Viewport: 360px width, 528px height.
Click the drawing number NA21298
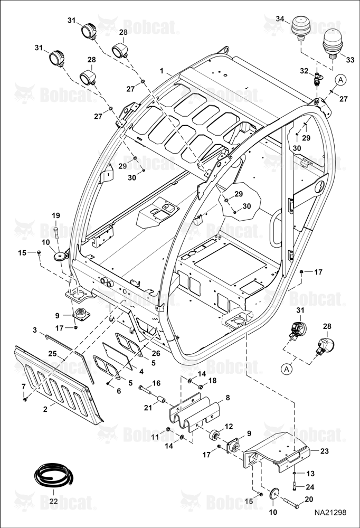click(330, 512)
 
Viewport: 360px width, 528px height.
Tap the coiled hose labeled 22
click(53, 476)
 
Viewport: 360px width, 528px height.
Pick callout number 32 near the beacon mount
click(304, 71)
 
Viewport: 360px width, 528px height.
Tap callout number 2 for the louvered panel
click(45, 409)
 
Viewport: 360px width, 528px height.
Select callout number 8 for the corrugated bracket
click(228, 398)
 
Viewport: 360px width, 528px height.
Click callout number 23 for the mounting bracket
click(324, 451)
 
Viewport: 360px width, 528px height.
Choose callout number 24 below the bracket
click(310, 487)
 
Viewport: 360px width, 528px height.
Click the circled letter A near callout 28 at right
click(287, 370)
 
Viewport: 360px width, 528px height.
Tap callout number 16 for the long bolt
click(156, 383)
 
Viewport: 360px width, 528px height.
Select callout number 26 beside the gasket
click(156, 353)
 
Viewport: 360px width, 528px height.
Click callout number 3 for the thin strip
click(35, 330)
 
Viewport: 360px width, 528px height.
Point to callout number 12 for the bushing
click(229, 427)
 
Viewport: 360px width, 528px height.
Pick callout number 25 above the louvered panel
click(52, 354)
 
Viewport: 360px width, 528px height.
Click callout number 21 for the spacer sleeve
click(148, 408)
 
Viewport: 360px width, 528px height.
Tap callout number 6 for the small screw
click(119, 391)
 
